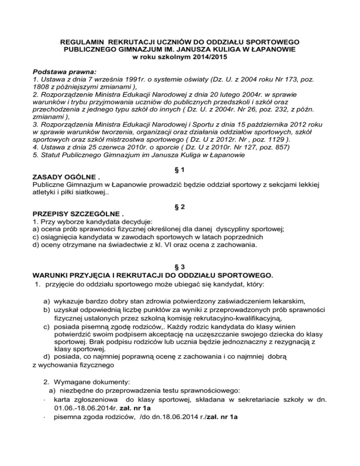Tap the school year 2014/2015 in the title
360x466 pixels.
(x=204, y=57)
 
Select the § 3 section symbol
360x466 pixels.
(x=180, y=266)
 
